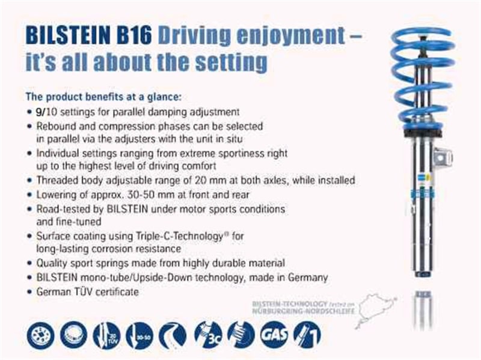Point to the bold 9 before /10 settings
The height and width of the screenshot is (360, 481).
[x=39, y=112]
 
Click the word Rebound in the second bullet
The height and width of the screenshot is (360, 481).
[x=55, y=127]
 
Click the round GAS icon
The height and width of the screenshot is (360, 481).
[x=273, y=334]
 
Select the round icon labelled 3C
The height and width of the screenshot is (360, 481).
[x=208, y=334]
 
